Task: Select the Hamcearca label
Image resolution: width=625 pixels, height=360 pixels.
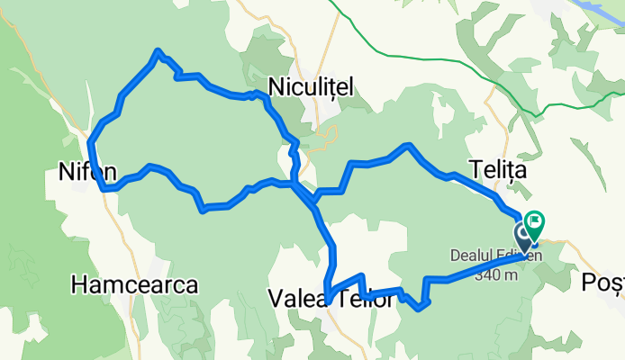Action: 134,285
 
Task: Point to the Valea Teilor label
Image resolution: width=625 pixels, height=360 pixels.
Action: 331,299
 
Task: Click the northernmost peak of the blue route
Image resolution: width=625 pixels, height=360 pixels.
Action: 159,51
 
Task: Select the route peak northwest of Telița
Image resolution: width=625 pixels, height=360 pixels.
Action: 410,145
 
